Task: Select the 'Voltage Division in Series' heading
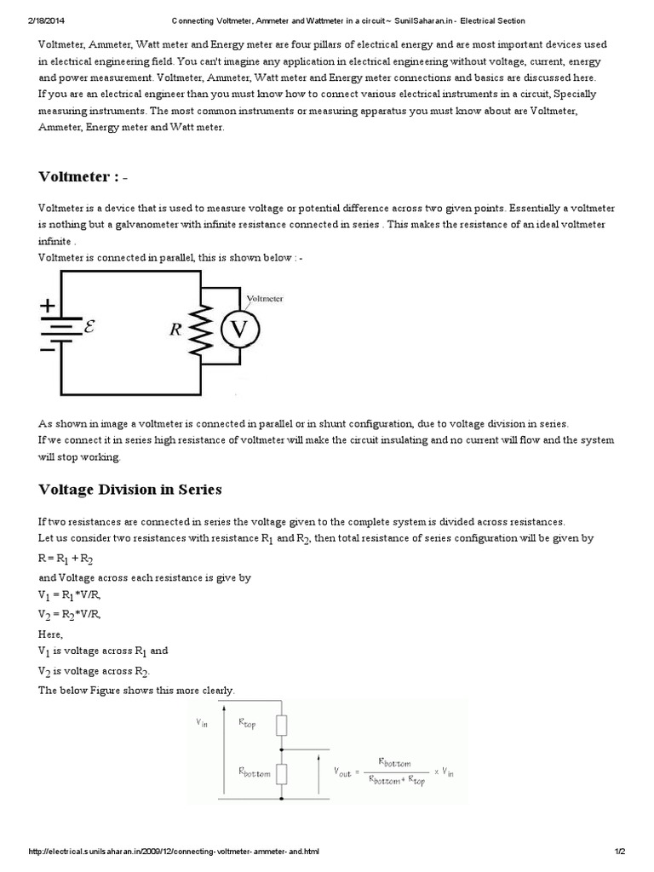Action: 130,489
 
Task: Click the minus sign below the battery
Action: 49,347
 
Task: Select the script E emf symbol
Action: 88,324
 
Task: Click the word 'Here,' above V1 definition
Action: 51,633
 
